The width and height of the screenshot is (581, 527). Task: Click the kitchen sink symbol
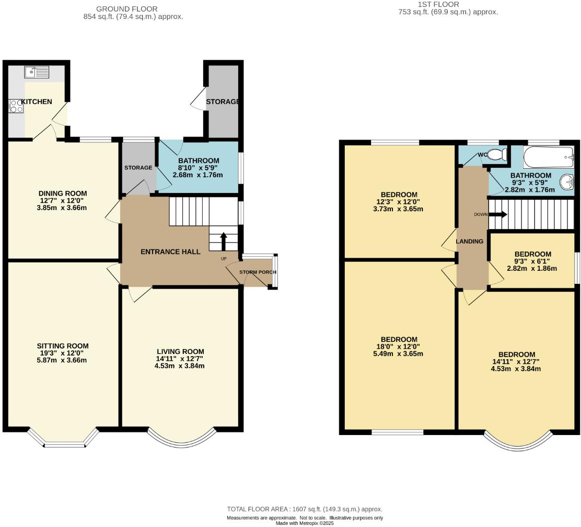tap(37, 72)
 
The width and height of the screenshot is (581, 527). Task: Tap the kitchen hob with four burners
tap(16, 106)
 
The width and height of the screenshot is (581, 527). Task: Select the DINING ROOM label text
tap(63, 193)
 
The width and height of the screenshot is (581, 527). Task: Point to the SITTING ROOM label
tap(63, 346)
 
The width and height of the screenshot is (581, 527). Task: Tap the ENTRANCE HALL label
tap(170, 251)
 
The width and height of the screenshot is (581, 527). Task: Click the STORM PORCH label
tap(258, 272)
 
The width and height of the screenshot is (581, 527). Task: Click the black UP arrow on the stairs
tap(224, 242)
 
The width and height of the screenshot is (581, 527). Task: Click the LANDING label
tap(469, 241)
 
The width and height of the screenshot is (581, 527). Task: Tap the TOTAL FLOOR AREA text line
tap(305, 509)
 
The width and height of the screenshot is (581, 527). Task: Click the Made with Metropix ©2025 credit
tap(305, 523)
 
